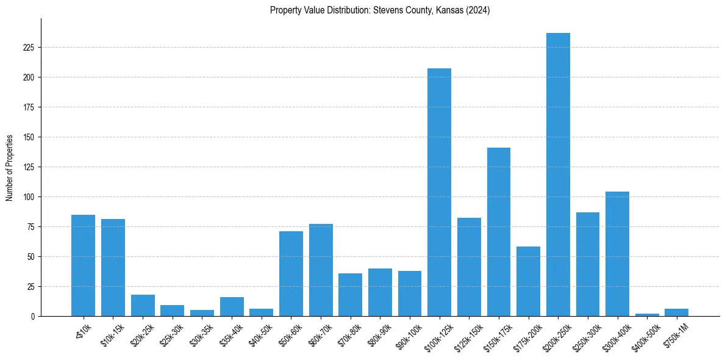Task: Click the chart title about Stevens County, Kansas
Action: coord(380,10)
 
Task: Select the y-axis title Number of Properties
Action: coord(10,167)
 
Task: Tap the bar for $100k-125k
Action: coord(439,192)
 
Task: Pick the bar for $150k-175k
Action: coord(499,232)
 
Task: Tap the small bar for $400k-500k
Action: coord(647,315)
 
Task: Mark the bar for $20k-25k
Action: coord(143,306)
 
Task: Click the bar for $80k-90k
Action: coord(380,292)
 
